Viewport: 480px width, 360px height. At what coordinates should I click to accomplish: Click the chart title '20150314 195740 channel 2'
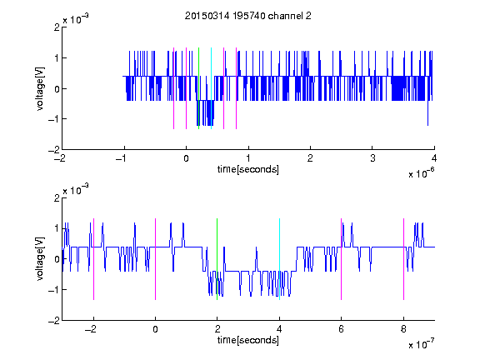coord(248,16)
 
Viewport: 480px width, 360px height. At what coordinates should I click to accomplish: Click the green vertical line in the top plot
coord(198,88)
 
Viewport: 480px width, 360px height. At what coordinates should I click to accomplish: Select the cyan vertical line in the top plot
coord(211,88)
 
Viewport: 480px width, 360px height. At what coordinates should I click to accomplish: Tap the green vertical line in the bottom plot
coord(217,259)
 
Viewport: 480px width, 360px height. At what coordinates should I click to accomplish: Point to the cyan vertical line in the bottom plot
coord(279,259)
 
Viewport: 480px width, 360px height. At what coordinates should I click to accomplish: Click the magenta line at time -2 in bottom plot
coord(93,259)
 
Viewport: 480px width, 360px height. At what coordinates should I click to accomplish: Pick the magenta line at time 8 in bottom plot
coord(404,259)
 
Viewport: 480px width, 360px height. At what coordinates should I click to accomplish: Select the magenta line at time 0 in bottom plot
coord(156,259)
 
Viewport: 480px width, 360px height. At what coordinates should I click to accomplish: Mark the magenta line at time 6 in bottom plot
coord(342,259)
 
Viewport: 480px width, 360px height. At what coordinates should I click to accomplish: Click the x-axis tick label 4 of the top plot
coord(434,158)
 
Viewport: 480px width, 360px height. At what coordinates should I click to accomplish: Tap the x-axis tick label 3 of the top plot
coord(372,158)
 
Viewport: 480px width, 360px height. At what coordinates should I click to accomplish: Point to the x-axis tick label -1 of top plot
coord(122,158)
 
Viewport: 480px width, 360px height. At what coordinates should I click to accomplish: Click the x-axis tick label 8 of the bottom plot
coord(403,329)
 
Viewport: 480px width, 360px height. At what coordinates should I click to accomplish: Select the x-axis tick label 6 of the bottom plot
coord(342,329)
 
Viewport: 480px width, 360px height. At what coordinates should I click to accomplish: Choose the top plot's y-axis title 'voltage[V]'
coord(40,88)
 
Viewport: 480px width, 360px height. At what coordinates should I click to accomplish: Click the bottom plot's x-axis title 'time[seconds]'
coord(248,340)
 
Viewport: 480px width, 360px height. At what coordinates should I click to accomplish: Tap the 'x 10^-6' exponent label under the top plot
coord(421,172)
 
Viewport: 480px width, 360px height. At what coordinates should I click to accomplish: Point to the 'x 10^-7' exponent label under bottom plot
coord(421,343)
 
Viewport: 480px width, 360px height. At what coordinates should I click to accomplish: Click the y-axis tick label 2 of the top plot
coord(57,27)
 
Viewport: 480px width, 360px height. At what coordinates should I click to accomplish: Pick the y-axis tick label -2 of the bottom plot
coord(54,321)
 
